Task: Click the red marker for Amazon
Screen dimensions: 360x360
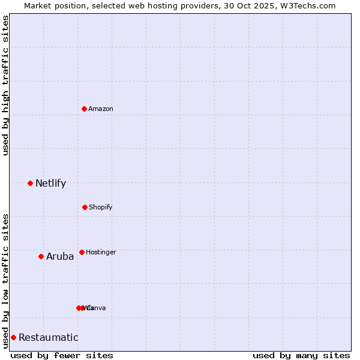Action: coord(84,109)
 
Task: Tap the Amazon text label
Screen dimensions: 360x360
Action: coord(101,109)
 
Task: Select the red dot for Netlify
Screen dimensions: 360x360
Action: coord(30,183)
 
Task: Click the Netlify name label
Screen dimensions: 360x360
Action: coord(50,184)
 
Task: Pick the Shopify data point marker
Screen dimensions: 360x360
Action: coord(85,207)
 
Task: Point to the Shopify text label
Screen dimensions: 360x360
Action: coord(101,208)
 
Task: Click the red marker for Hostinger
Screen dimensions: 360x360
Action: coord(82,252)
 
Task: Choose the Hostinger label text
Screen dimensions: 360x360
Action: coord(101,253)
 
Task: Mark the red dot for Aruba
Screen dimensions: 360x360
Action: coord(41,256)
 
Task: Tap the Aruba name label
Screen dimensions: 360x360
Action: coord(60,257)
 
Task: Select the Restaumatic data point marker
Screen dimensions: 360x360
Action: coord(13,337)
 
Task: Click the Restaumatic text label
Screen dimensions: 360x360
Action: coord(48,338)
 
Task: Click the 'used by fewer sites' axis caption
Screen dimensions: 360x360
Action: coord(62,355)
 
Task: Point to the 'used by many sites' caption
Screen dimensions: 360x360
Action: coord(301,355)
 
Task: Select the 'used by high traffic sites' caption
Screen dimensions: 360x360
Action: coord(5,85)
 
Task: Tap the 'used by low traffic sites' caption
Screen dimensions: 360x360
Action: coord(5,280)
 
